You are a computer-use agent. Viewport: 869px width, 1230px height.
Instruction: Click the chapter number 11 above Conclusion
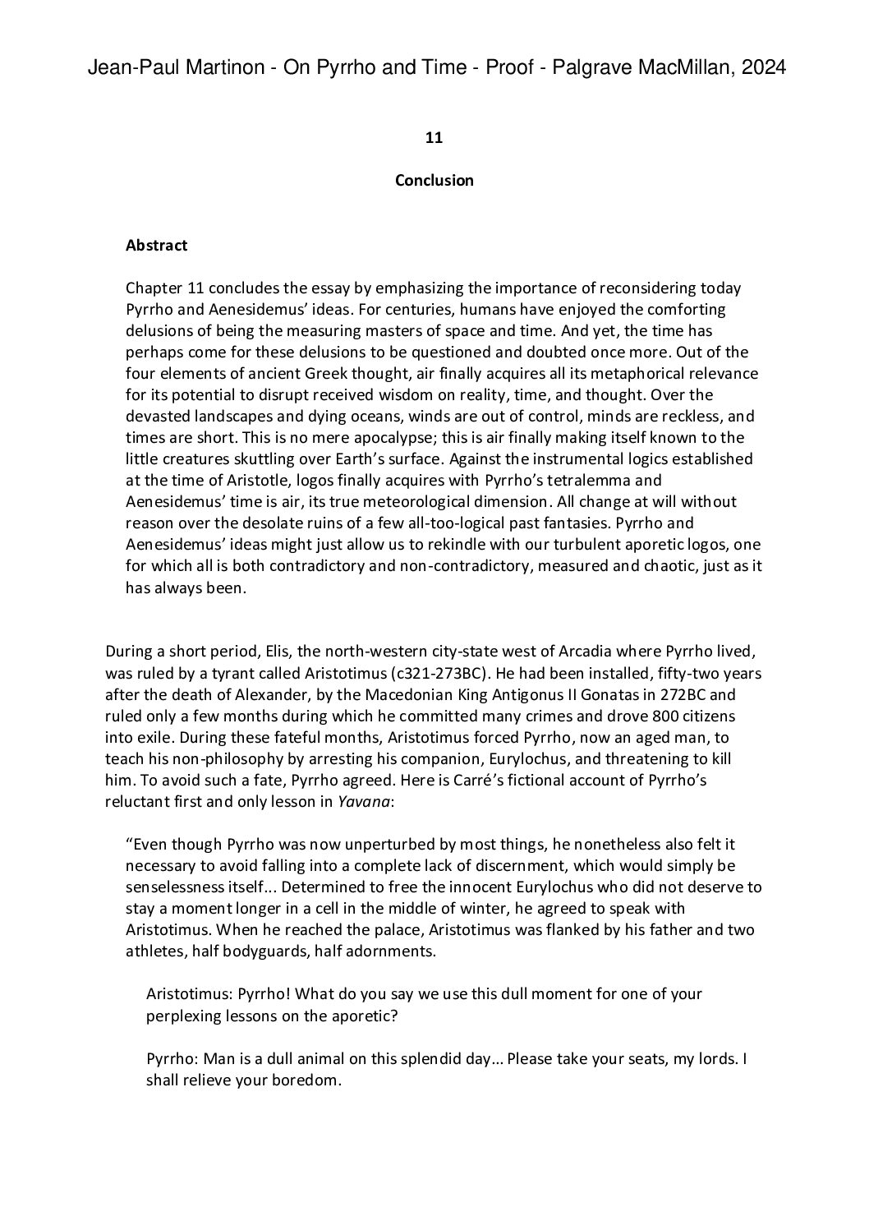(434, 138)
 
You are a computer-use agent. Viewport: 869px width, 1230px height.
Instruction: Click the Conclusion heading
(434, 180)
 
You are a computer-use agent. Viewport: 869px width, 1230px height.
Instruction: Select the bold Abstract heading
(156, 245)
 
